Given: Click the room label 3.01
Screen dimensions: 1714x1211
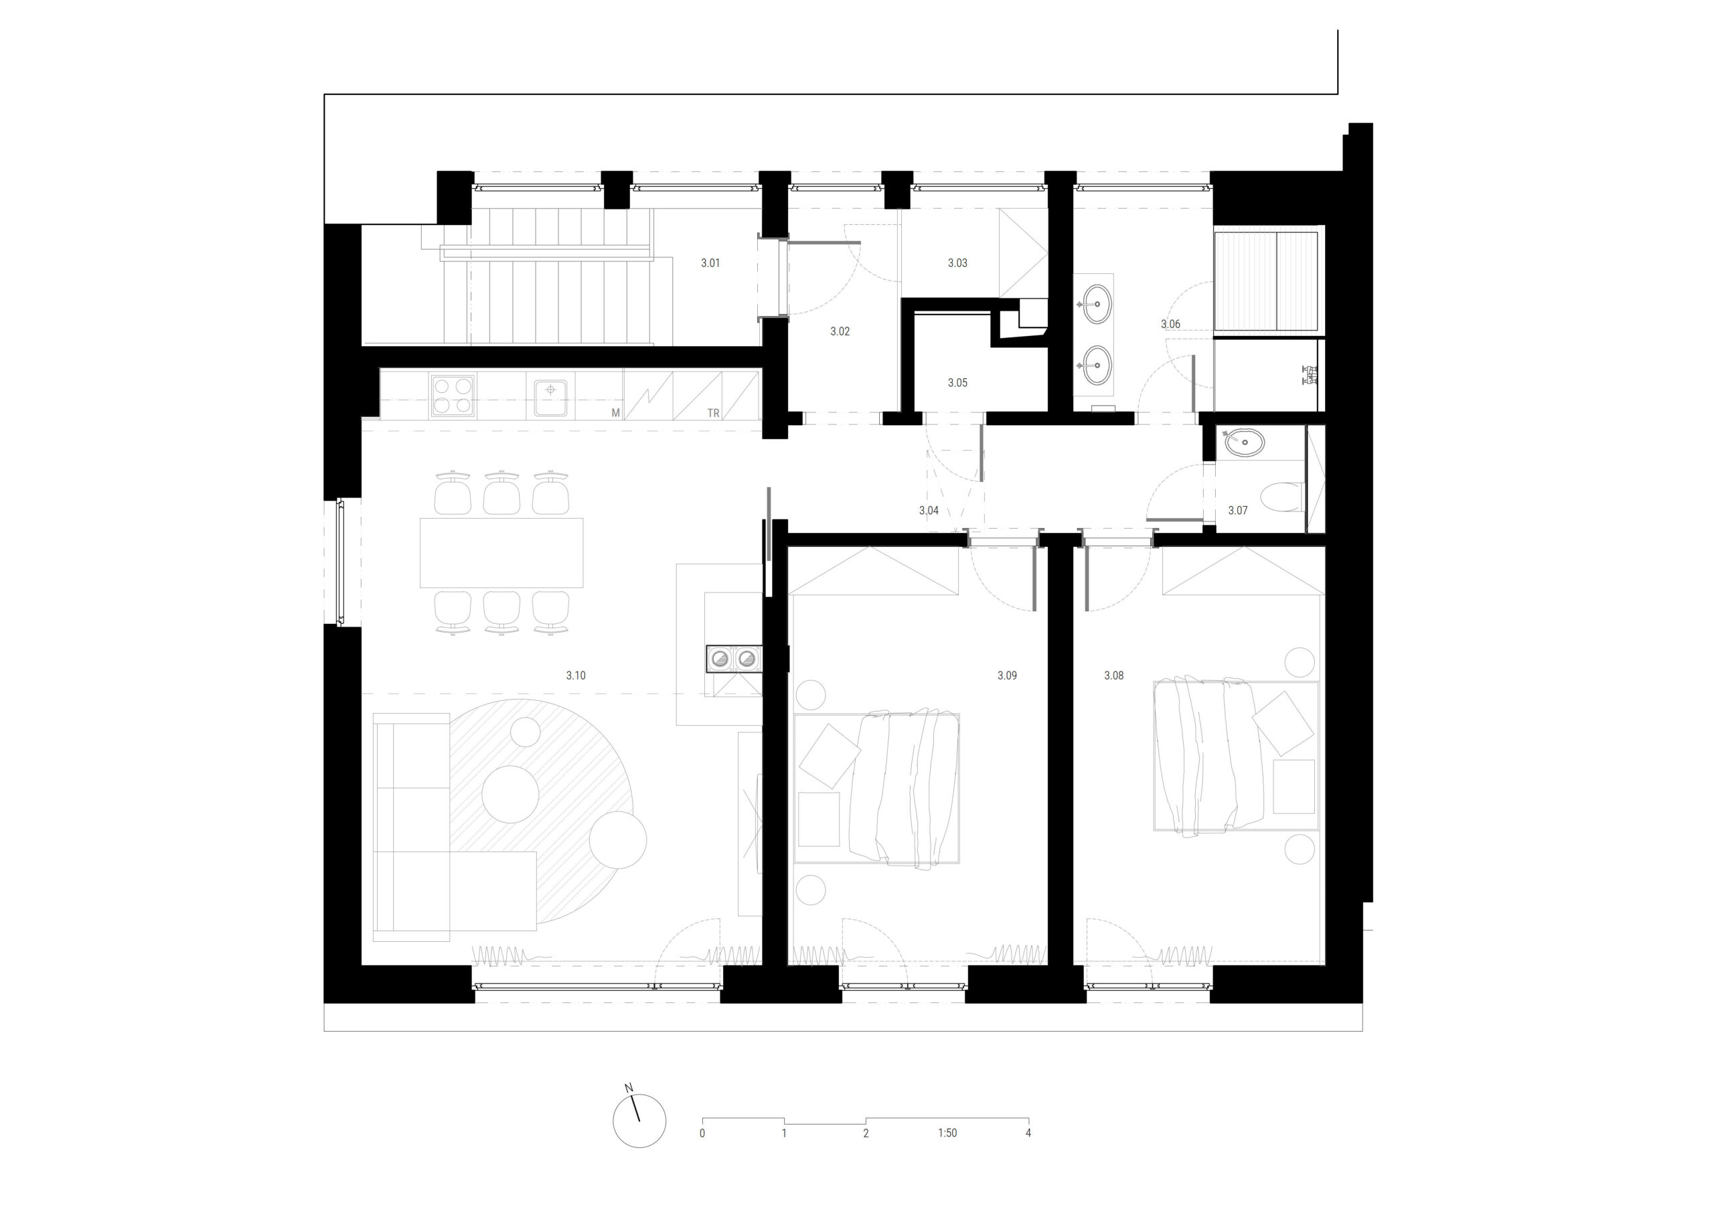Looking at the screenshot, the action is point(710,263).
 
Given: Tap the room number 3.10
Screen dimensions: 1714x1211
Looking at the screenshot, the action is point(576,675).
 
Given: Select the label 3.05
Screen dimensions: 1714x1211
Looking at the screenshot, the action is point(957,382).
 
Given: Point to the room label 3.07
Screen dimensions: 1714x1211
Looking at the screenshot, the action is point(1238,511).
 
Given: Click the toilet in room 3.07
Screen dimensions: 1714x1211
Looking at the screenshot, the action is point(1283,497).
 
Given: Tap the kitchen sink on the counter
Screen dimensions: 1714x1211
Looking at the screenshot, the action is point(551,396).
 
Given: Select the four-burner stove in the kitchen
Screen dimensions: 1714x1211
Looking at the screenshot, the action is point(452,396).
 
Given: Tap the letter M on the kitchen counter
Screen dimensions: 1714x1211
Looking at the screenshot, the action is point(616,413).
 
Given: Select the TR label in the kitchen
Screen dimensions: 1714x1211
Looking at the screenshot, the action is point(714,413).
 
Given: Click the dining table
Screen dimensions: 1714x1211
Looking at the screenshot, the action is point(501,553).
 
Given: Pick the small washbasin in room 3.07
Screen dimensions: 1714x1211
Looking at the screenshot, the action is point(1245,442).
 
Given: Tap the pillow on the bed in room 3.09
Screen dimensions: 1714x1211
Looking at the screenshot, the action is point(829,755).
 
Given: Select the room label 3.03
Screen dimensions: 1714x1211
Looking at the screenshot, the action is point(957,263).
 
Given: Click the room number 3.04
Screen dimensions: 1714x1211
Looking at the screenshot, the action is point(929,511).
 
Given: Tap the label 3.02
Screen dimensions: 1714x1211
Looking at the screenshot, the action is point(840,331).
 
